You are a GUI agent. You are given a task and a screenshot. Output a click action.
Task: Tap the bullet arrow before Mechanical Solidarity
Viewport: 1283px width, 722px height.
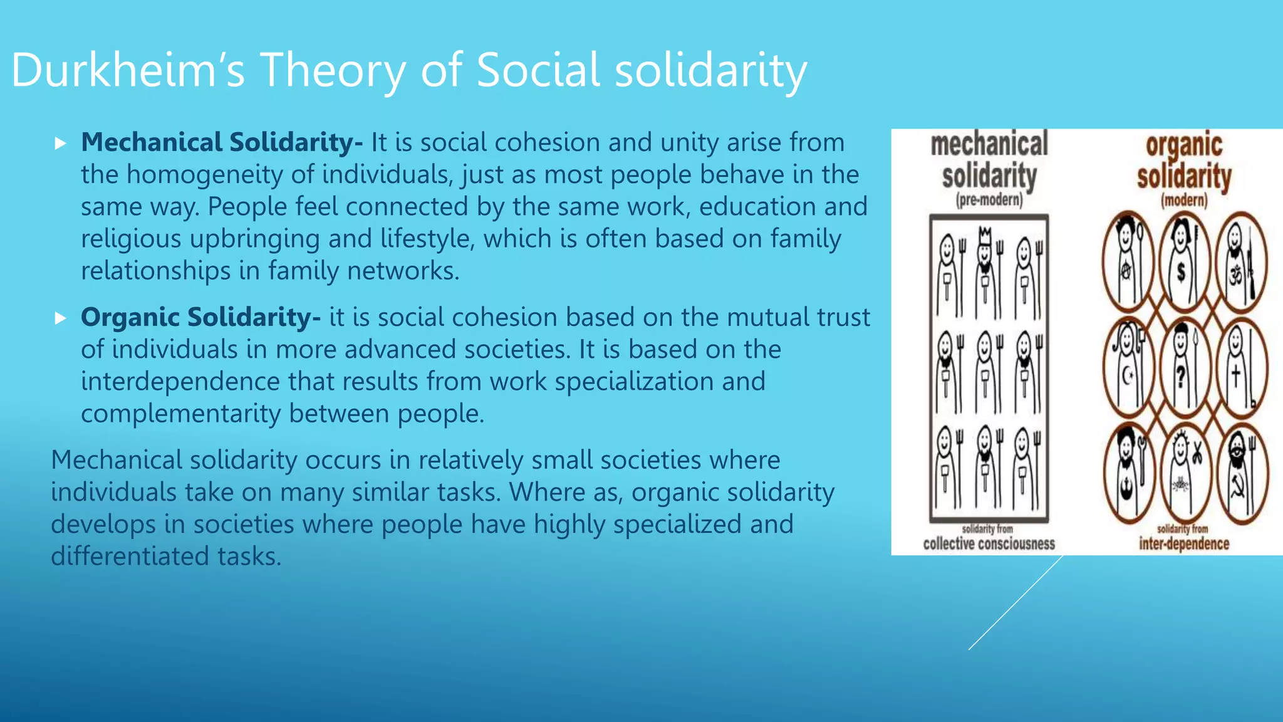point(60,144)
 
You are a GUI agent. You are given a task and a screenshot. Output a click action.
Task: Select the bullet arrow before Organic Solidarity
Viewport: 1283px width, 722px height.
point(60,318)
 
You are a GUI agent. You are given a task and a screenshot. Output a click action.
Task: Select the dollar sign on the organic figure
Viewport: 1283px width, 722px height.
point(1181,272)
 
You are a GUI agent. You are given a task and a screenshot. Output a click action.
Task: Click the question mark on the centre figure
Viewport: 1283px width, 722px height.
point(1181,377)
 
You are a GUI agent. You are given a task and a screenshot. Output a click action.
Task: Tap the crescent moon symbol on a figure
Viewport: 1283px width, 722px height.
point(1128,376)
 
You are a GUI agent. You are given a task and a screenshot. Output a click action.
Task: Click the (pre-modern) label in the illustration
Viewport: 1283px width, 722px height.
point(989,201)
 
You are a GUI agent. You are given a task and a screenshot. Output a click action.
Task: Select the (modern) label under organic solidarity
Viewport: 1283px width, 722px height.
point(1184,201)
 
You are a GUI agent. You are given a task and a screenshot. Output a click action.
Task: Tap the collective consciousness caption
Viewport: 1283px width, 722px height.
point(989,543)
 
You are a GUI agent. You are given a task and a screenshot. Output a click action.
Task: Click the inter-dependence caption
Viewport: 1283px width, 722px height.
point(1184,543)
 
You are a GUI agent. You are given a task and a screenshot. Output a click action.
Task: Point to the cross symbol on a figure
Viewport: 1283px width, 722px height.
point(1235,376)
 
